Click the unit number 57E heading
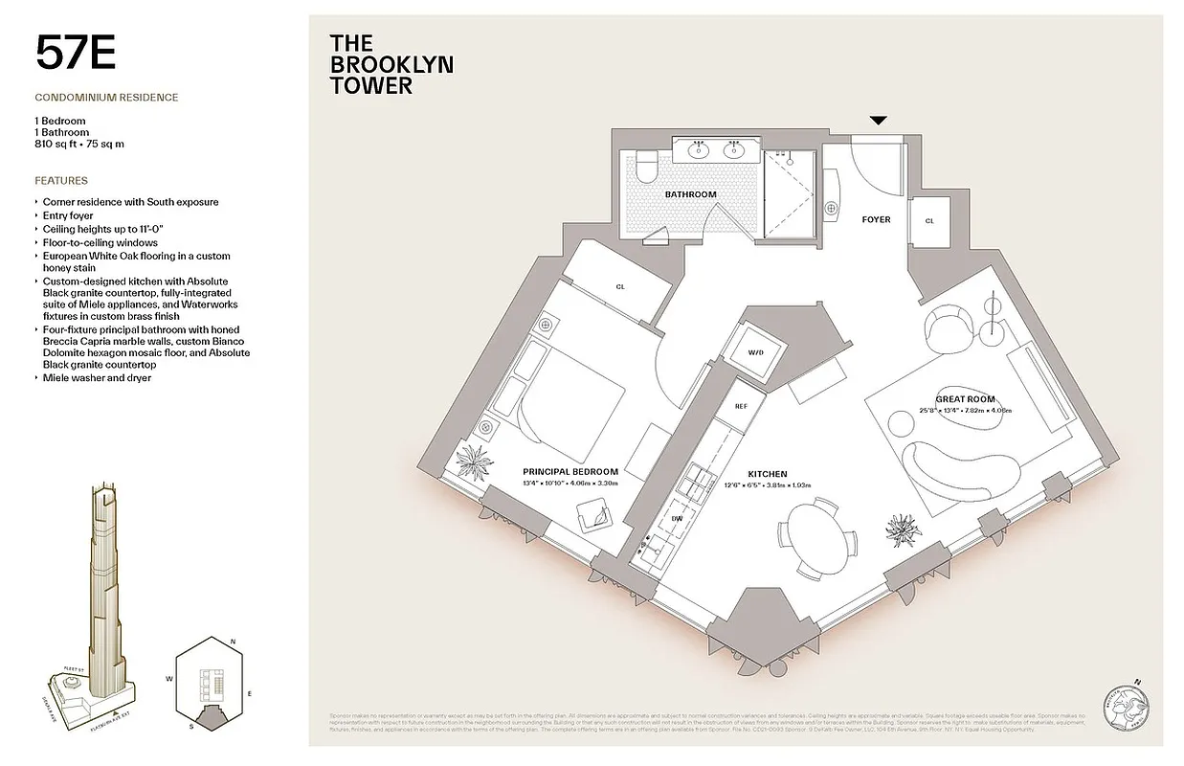(76, 53)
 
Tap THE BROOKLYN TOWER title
(391, 64)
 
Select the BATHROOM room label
(690, 194)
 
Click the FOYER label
(876, 219)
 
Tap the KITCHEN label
(767, 474)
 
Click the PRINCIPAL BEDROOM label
(570, 471)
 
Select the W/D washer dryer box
(756, 353)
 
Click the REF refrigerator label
(740, 406)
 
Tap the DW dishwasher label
(676, 518)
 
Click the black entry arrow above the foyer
(878, 121)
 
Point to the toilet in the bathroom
(644, 167)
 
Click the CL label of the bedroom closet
(620, 286)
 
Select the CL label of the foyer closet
(928, 220)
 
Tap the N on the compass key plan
(233, 642)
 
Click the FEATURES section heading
(61, 180)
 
